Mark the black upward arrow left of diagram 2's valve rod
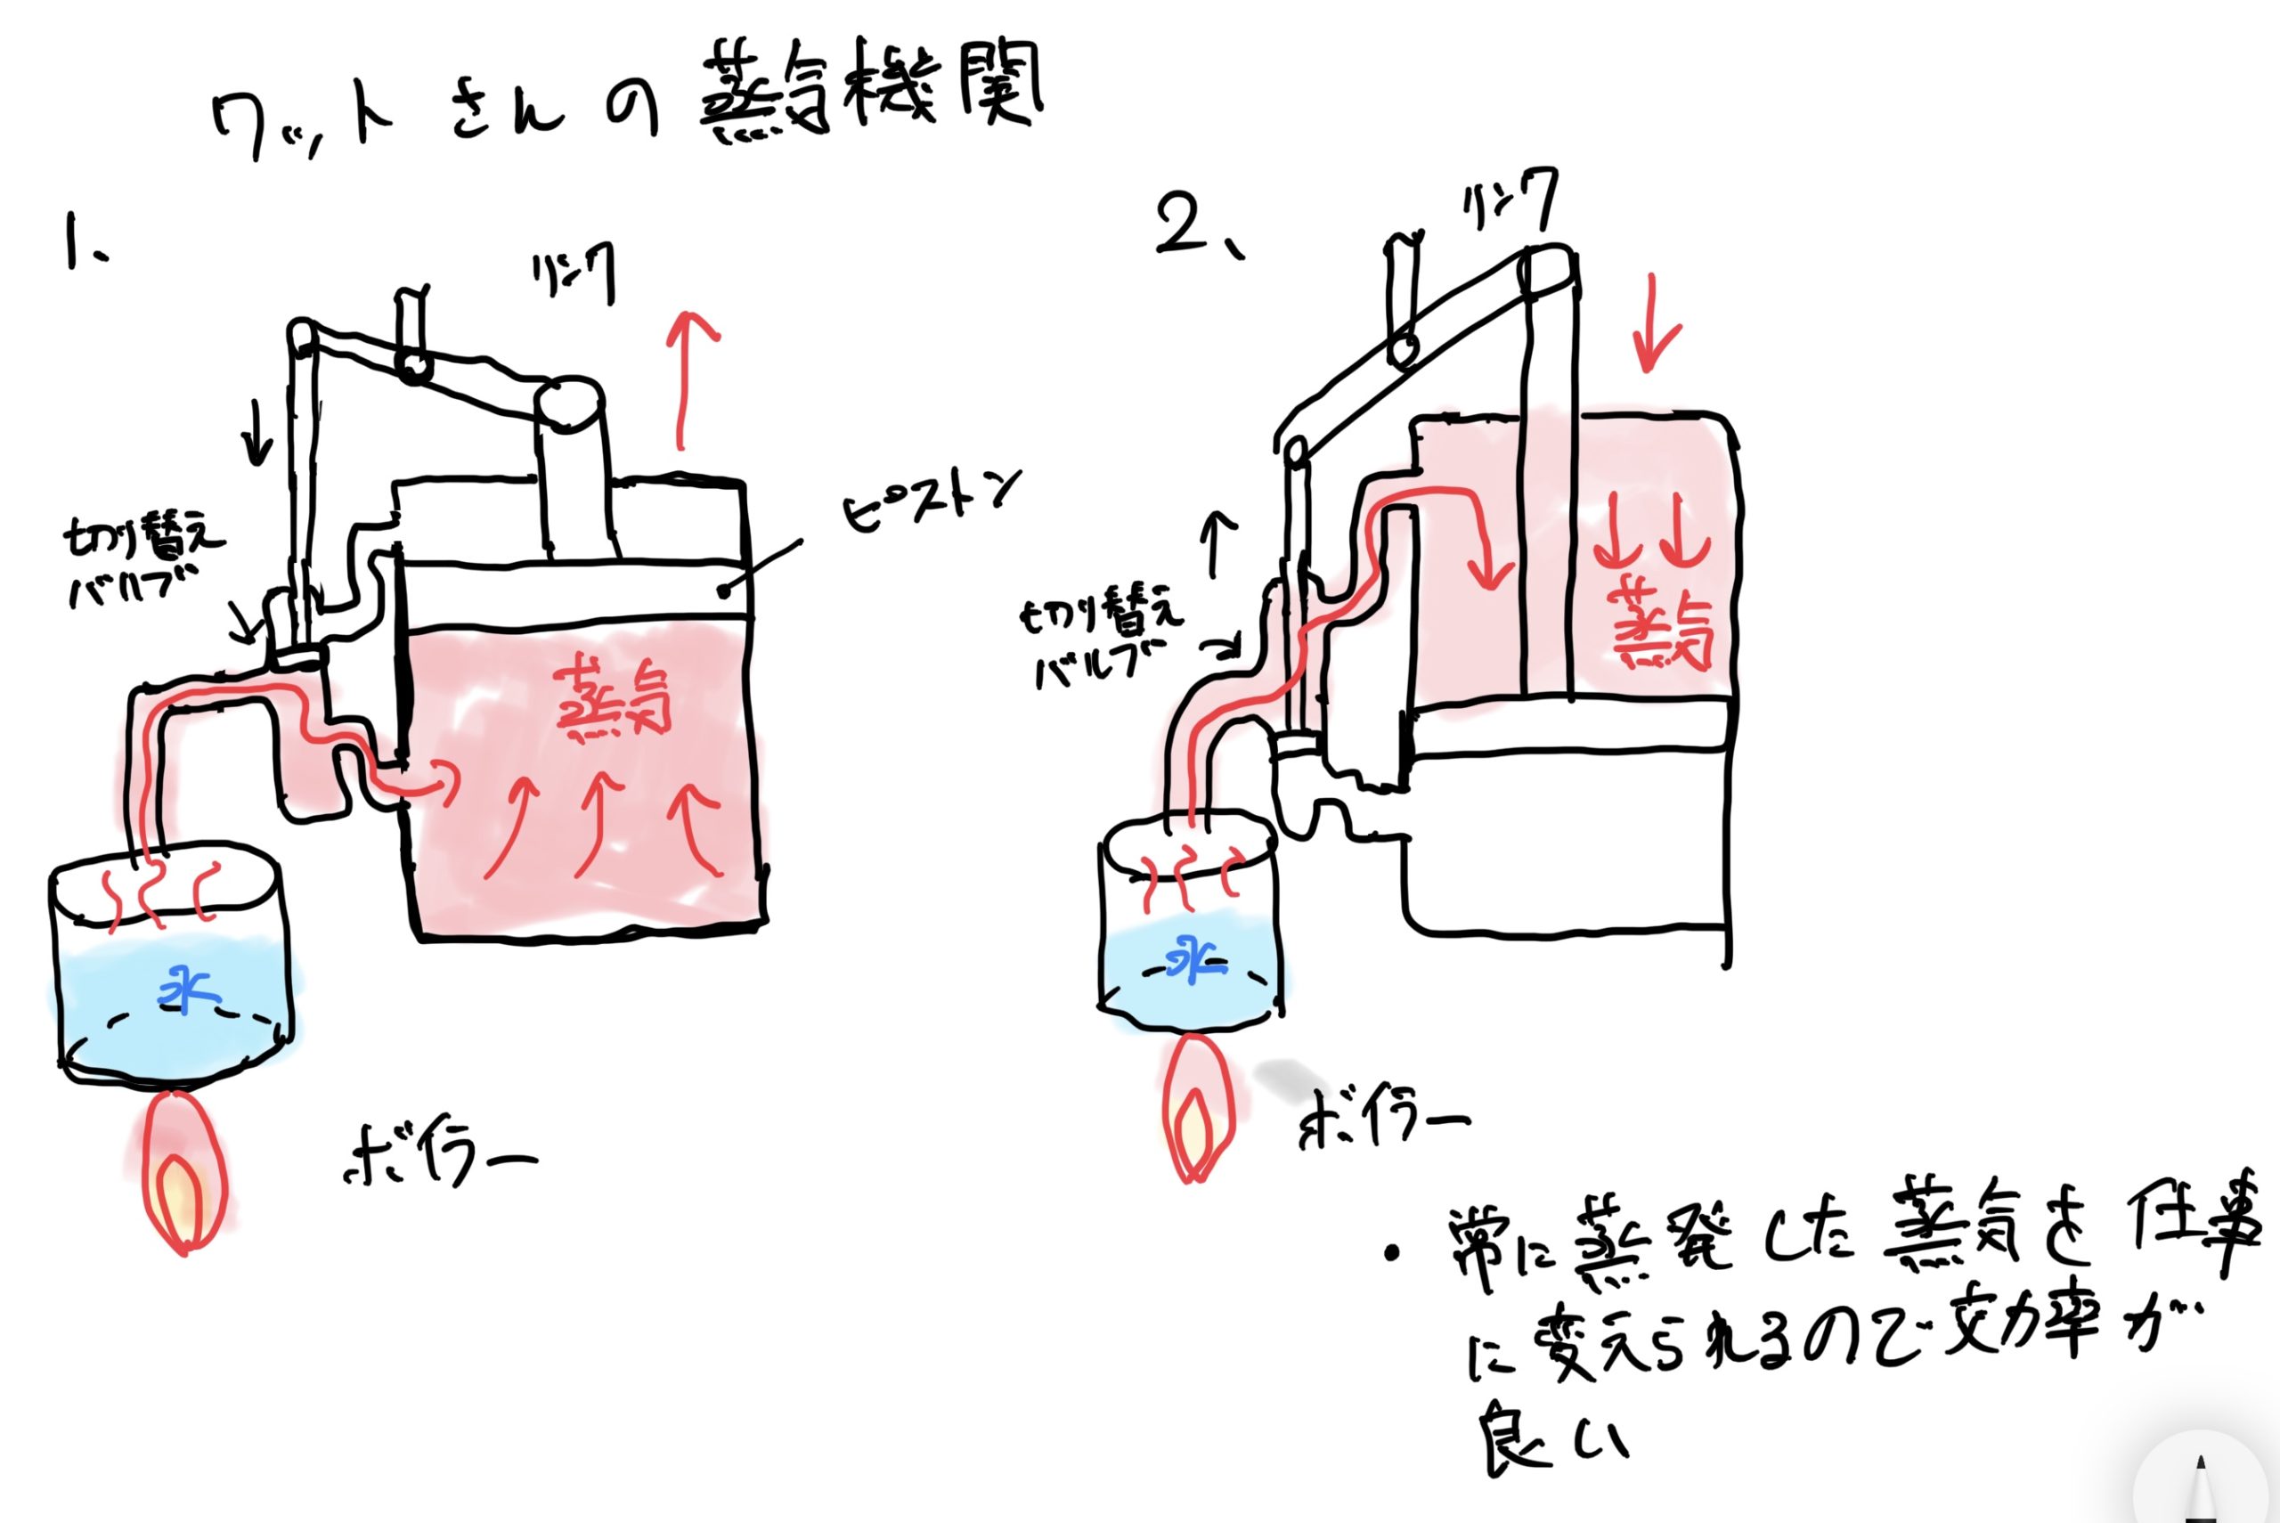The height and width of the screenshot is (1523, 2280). (x=1219, y=544)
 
